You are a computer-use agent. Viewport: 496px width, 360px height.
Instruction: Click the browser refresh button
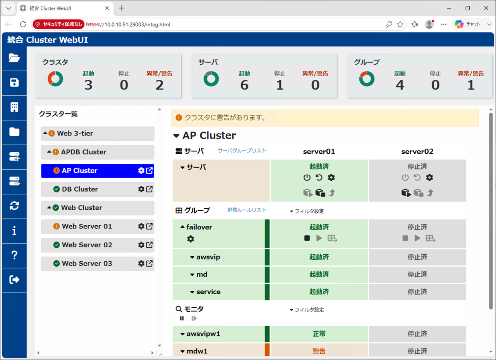click(x=23, y=24)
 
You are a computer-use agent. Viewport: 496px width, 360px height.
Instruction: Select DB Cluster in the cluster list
click(x=80, y=189)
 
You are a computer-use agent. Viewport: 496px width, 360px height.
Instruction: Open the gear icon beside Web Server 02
click(x=141, y=245)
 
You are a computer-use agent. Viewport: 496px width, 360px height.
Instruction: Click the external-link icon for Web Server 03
click(x=149, y=263)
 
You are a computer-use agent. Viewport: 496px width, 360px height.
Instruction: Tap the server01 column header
click(x=319, y=151)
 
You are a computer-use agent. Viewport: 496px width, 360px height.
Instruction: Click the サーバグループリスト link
click(x=242, y=151)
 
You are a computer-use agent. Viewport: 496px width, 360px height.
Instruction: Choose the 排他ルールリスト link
click(x=247, y=210)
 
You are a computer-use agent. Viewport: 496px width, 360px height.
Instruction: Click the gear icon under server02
click(x=429, y=177)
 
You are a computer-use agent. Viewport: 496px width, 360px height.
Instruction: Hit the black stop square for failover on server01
click(x=307, y=238)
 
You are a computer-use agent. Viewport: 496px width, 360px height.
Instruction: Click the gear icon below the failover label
click(x=191, y=239)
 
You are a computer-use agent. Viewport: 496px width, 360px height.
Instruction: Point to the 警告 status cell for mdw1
click(x=319, y=351)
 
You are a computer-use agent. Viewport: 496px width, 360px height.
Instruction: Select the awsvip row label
click(x=208, y=257)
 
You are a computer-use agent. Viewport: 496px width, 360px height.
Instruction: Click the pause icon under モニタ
click(x=182, y=318)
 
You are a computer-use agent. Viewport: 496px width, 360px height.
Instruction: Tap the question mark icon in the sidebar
click(x=14, y=255)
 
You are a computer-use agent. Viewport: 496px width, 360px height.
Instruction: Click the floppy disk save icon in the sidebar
click(x=14, y=82)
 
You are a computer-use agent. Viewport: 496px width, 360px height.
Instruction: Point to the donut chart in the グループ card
click(x=367, y=79)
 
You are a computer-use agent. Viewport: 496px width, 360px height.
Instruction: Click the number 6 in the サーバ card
click(x=244, y=85)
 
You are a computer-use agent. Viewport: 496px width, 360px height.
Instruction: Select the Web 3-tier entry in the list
click(x=75, y=133)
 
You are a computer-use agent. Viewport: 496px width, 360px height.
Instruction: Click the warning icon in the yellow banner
click(x=179, y=118)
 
